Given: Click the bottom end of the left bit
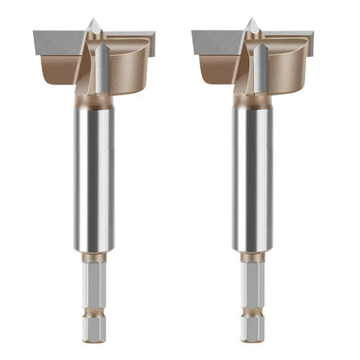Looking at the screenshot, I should pyautogui.click(x=93, y=337).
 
